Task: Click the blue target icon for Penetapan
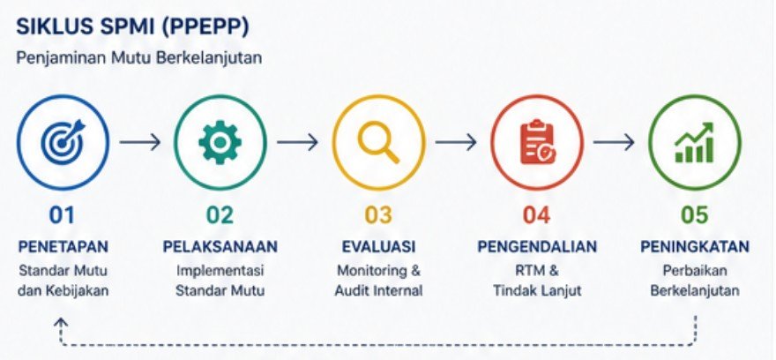pos(63,143)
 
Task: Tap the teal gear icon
pos(220,143)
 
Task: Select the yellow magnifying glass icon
pos(378,143)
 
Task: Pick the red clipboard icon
pos(537,143)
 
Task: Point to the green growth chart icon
pos(694,143)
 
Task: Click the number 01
pos(62,215)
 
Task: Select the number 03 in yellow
pos(378,215)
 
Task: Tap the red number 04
pos(537,215)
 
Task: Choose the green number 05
pos(695,215)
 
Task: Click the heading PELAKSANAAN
pos(220,246)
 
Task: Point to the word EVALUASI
pos(378,246)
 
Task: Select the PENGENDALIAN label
pos(537,246)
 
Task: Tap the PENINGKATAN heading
pos(695,246)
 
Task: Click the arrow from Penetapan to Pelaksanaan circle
pos(140,142)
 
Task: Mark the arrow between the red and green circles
pos(614,142)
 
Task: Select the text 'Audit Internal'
pos(378,290)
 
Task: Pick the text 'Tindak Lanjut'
pos(537,290)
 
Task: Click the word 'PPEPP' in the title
pos(204,28)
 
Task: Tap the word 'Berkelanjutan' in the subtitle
pos(207,58)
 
